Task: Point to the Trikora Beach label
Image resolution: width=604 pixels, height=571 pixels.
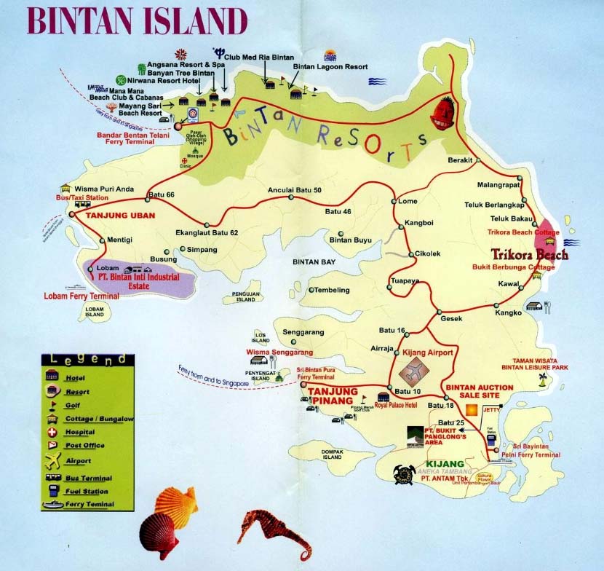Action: (528, 256)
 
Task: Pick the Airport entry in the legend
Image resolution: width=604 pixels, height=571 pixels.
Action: (77, 461)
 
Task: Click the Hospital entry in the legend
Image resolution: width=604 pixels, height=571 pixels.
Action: (79, 432)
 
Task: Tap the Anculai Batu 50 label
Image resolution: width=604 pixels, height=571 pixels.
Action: (294, 191)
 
